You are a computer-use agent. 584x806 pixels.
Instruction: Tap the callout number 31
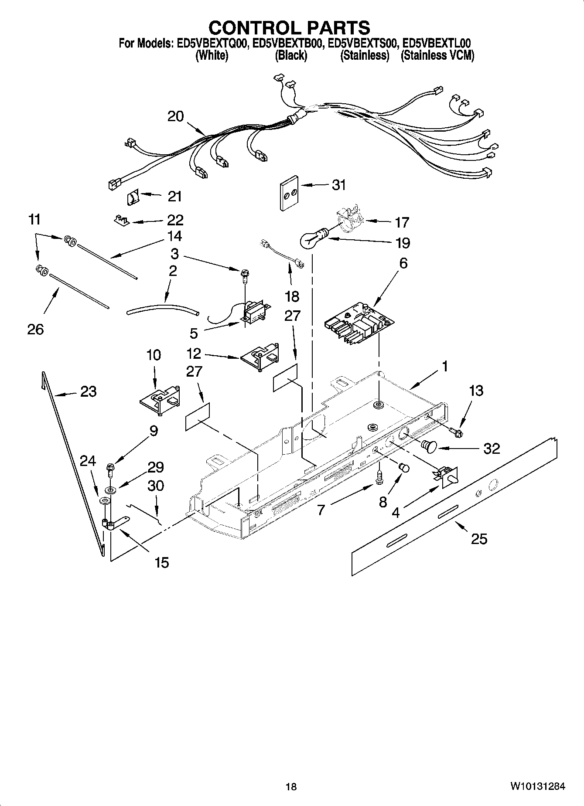tap(338, 185)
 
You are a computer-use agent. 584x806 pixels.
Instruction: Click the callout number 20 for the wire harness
tap(176, 116)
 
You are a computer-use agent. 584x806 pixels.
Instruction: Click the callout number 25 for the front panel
tap(479, 539)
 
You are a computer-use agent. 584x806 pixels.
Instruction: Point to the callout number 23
tap(89, 391)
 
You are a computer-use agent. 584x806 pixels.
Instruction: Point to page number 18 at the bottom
tap(291, 787)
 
